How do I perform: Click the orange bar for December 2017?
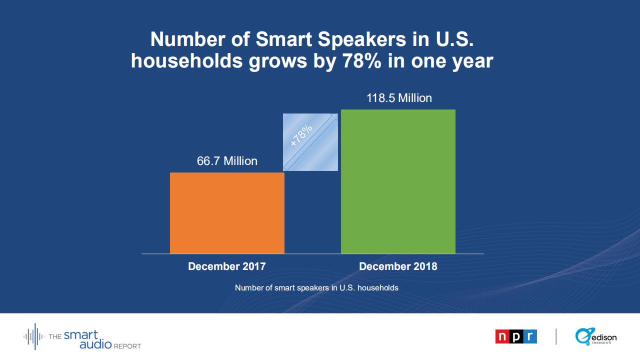227,213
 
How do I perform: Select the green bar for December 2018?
398,181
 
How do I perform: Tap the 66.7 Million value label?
227,161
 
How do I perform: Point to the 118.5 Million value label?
399,98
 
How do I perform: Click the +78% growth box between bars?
310,142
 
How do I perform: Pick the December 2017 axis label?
227,266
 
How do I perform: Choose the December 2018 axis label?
398,266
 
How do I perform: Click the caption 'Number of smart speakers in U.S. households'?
316,288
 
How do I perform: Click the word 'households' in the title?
186,61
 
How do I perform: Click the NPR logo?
516,336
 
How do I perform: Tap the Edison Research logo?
596,337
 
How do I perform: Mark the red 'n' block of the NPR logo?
502,336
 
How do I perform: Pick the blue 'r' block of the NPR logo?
530,336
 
